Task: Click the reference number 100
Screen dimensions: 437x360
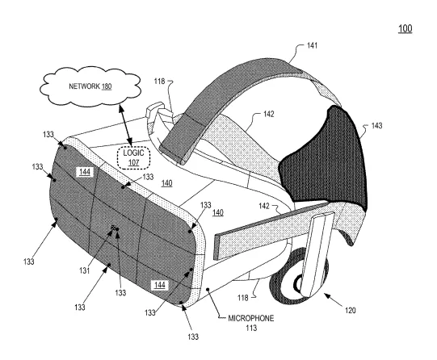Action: (x=405, y=28)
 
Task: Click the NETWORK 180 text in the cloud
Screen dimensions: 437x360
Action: (x=90, y=86)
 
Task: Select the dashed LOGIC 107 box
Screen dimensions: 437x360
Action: (x=134, y=157)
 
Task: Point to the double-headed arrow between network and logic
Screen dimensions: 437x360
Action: (x=125, y=124)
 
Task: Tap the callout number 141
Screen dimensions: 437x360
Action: (x=312, y=45)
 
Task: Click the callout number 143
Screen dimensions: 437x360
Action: (x=376, y=126)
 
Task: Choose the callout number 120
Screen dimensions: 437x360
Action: (x=351, y=310)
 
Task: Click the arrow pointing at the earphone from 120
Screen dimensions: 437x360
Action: (x=333, y=299)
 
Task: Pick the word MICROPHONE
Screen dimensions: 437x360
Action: (x=251, y=318)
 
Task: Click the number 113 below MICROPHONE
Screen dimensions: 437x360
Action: (x=251, y=328)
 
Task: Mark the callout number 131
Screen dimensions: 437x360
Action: (x=85, y=270)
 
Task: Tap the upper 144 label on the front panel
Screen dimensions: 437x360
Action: (x=85, y=172)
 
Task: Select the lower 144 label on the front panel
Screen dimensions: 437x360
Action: (x=160, y=285)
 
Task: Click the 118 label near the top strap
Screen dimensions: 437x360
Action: (x=159, y=82)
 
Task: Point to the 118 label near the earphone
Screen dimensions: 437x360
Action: (x=243, y=298)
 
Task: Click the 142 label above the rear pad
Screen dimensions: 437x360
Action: (x=269, y=114)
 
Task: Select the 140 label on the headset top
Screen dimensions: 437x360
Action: (x=166, y=183)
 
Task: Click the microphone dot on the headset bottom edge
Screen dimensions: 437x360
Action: (x=208, y=290)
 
